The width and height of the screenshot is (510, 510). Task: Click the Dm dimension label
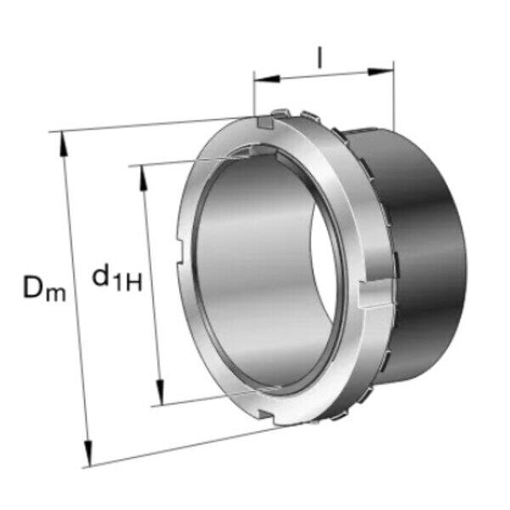44,287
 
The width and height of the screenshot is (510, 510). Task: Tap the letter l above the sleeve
320,58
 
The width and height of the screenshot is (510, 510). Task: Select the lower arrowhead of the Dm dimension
88,453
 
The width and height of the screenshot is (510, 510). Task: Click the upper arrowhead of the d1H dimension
143,178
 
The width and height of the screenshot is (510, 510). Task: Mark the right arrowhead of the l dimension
380,71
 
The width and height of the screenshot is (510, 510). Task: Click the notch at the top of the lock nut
265,123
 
